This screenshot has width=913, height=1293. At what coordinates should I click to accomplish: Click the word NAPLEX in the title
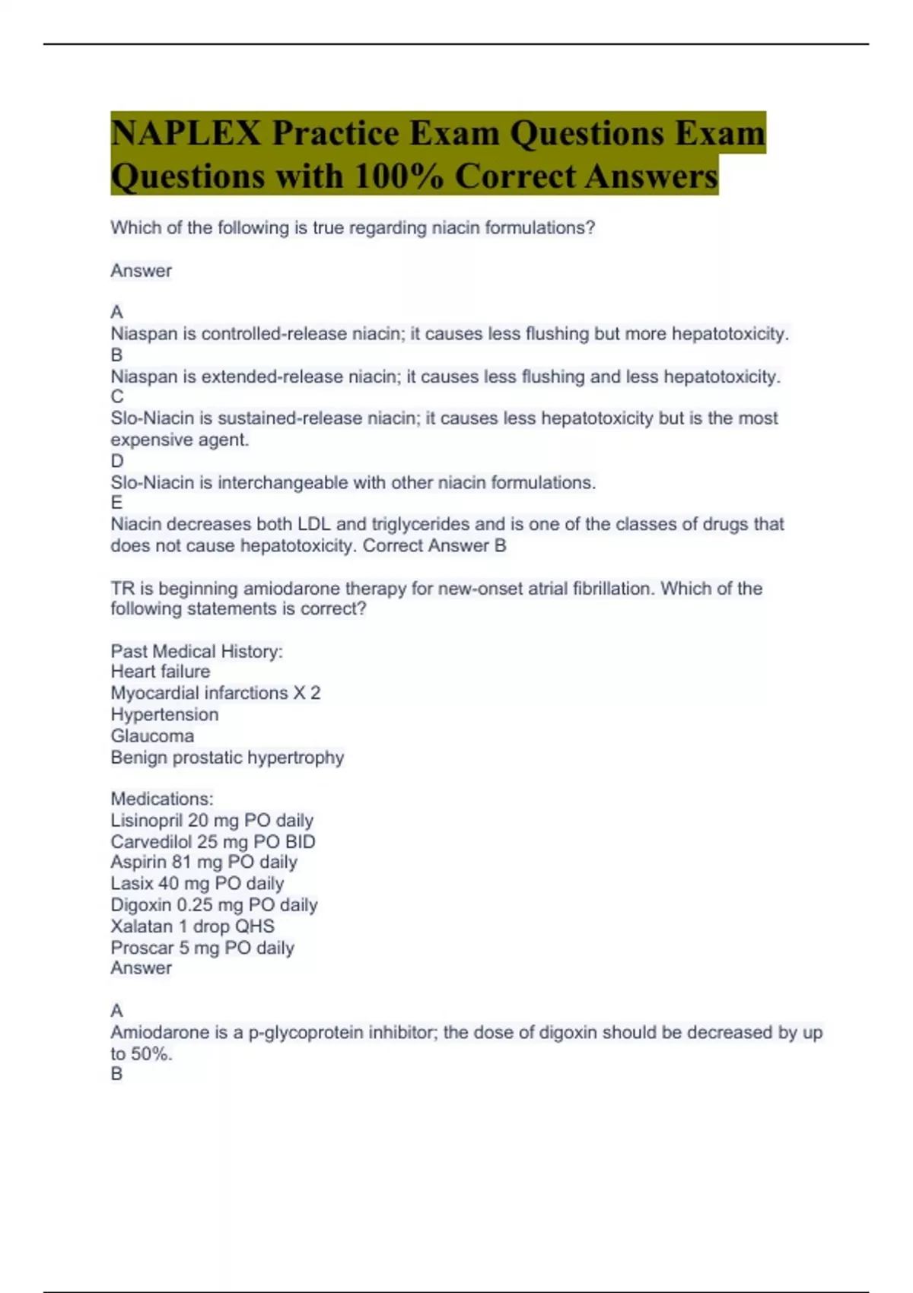186,133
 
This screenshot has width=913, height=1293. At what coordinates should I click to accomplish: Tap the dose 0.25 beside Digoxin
194,905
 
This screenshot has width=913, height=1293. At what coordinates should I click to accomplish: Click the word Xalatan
142,926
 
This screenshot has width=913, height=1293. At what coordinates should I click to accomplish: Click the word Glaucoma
152,736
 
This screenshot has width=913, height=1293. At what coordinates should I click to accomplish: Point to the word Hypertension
164,715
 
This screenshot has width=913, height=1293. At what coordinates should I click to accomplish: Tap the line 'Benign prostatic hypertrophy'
227,758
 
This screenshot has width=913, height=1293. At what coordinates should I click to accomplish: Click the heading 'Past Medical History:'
196,652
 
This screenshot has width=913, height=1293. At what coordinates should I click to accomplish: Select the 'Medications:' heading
162,799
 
